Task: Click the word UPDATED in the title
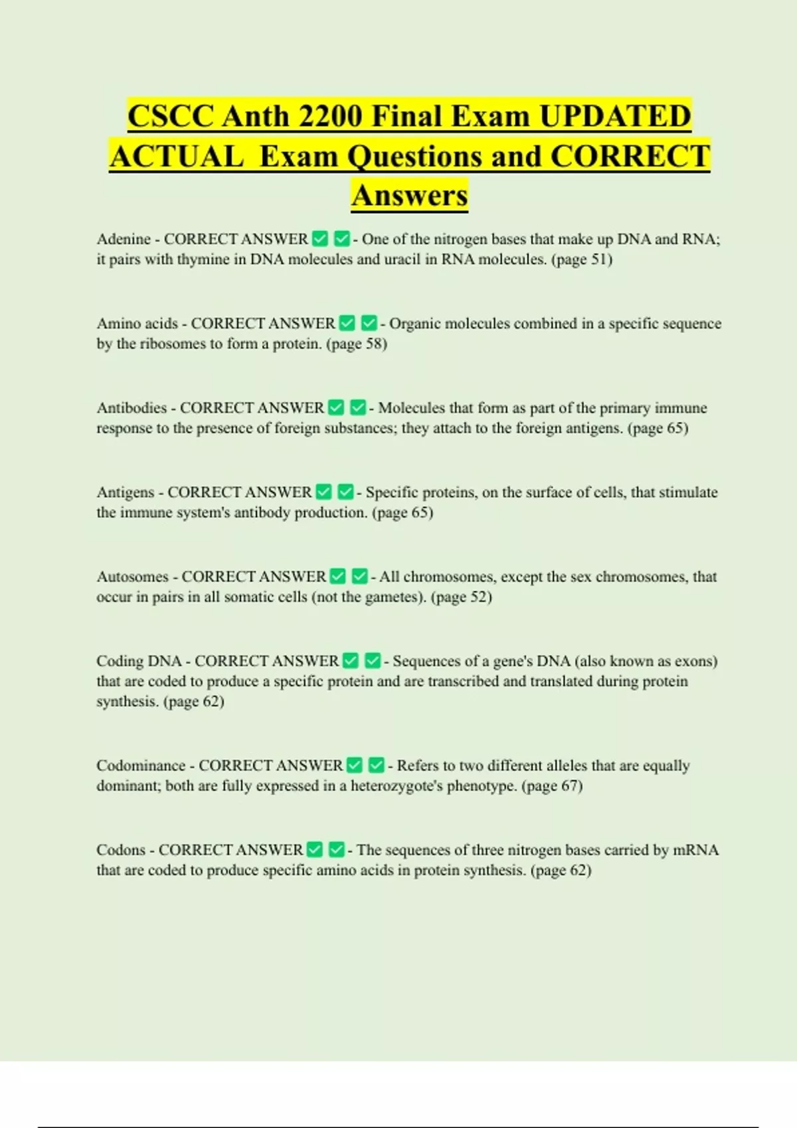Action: [x=615, y=117]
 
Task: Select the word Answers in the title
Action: [x=410, y=196]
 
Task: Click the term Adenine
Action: [x=124, y=239]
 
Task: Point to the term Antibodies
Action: [x=132, y=407]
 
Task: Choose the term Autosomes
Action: [x=132, y=577]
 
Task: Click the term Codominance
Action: [x=141, y=766]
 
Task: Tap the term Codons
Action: [x=121, y=850]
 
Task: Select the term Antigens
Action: [x=126, y=492]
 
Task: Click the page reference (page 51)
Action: [x=582, y=259]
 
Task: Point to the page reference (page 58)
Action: [x=357, y=344]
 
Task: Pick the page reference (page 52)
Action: [x=462, y=597]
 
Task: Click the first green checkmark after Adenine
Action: [x=320, y=238]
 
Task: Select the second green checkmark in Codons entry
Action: [x=337, y=849]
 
